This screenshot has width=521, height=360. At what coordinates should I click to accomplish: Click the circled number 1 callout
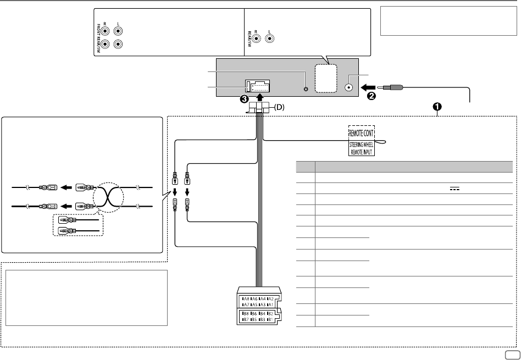point(438,107)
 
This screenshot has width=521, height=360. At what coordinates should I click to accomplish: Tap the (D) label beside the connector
point(280,107)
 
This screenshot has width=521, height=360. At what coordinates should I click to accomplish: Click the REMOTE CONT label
point(362,132)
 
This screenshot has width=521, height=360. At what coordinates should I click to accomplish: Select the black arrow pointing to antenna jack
point(365,86)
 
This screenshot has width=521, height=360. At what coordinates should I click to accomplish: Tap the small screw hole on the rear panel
point(306,88)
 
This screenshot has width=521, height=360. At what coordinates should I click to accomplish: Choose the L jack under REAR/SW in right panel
point(270,39)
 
